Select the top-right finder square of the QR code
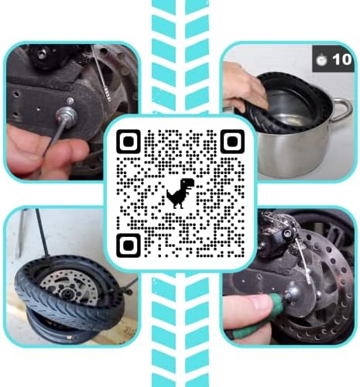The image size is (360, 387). click(x=230, y=141)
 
